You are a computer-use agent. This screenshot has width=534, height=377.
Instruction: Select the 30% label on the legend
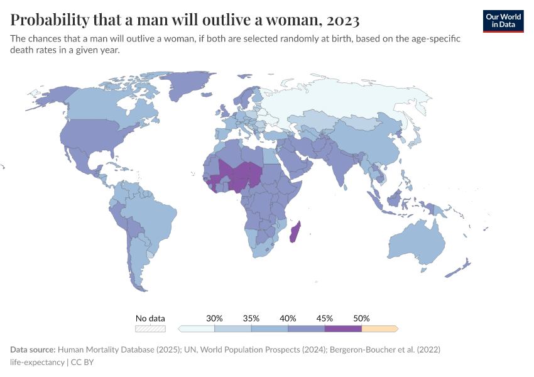[x=215, y=318]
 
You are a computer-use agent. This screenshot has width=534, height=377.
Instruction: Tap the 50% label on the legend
[x=361, y=318]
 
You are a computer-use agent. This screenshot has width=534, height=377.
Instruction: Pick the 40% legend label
[x=288, y=318]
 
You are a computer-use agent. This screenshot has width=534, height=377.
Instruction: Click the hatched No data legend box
[x=151, y=328]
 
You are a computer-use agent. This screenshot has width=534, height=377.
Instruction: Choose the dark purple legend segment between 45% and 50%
[x=343, y=328]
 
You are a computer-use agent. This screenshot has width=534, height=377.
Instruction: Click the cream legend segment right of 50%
[x=379, y=328]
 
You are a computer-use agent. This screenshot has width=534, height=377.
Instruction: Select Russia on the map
[x=352, y=101]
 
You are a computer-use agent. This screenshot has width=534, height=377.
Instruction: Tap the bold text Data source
[x=33, y=349]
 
